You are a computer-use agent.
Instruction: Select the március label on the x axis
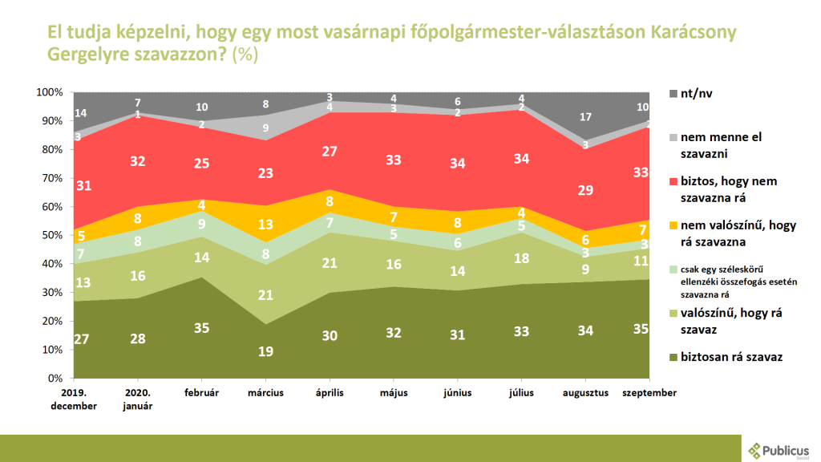(x=264, y=393)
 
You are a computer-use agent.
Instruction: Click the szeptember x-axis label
(x=649, y=393)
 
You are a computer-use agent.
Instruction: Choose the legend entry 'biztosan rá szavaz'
(x=730, y=356)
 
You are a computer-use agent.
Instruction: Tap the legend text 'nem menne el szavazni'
(x=722, y=144)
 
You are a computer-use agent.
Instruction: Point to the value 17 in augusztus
(x=585, y=117)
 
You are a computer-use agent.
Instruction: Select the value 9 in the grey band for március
(x=265, y=128)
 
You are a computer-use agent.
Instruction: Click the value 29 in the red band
(x=585, y=191)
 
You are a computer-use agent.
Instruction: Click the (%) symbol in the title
(x=245, y=55)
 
